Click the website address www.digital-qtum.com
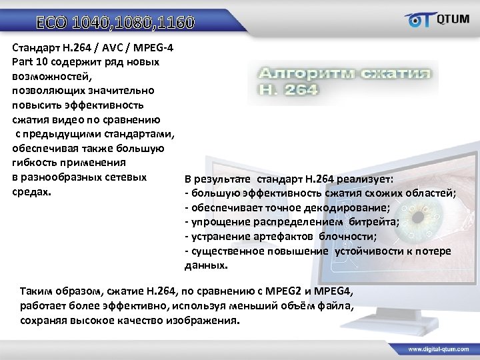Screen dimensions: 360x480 click(x=440, y=349)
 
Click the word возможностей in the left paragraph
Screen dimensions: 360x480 click(x=48, y=76)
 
